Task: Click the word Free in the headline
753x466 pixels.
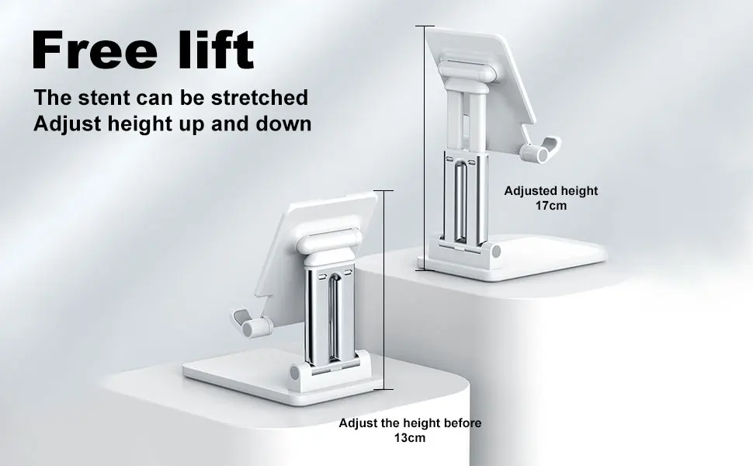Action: coord(95,50)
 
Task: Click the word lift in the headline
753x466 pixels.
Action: coord(216,49)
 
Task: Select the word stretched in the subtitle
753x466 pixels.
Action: coord(259,98)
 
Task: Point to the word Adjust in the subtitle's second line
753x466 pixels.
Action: coord(68,124)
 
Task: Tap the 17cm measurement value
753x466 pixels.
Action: coord(551,206)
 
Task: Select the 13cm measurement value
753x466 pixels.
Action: coord(410,438)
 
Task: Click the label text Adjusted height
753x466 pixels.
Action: coord(551,191)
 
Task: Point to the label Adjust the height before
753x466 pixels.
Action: coord(410,423)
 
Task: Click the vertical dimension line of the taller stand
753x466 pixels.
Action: coord(424,148)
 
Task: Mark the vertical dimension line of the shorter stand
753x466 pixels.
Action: coord(383,290)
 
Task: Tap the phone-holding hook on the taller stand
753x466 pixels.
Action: coord(540,150)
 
